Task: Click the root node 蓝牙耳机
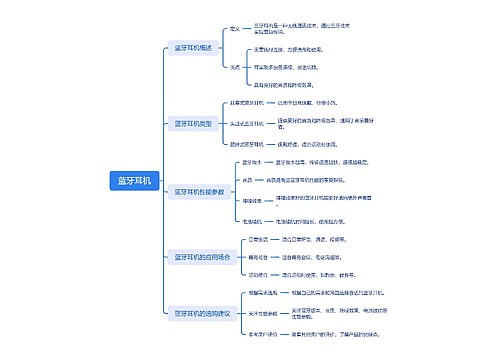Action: [133, 181]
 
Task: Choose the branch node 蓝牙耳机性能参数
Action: [200, 191]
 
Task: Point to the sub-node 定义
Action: [235, 29]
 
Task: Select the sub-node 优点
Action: [235, 67]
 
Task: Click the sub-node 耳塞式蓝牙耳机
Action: [247, 103]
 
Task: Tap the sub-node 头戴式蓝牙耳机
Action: [247, 123]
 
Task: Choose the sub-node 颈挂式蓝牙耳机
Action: [247, 143]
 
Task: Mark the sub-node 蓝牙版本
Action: [253, 162]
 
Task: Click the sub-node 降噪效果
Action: [253, 199]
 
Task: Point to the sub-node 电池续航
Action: [253, 220]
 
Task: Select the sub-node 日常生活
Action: [258, 240]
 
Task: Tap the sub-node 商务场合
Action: [258, 257]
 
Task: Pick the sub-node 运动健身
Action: [258, 274]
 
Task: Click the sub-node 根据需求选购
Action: [263, 293]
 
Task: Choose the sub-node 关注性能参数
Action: [263, 313]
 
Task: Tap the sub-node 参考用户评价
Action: [263, 333]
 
